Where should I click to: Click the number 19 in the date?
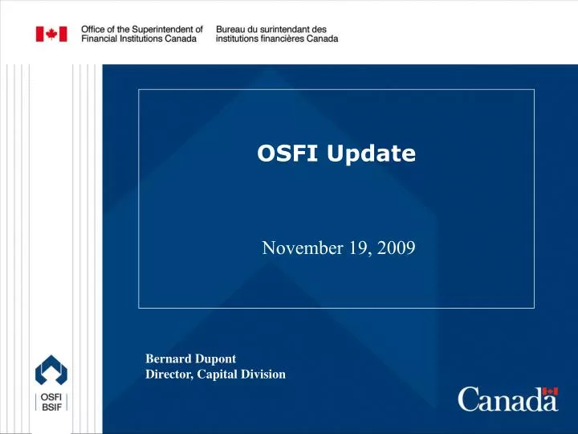357,248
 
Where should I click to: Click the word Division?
265,374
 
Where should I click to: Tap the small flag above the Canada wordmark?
551,391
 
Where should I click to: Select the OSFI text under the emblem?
51,398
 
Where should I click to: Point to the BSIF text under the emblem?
51,409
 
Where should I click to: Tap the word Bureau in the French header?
233,29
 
